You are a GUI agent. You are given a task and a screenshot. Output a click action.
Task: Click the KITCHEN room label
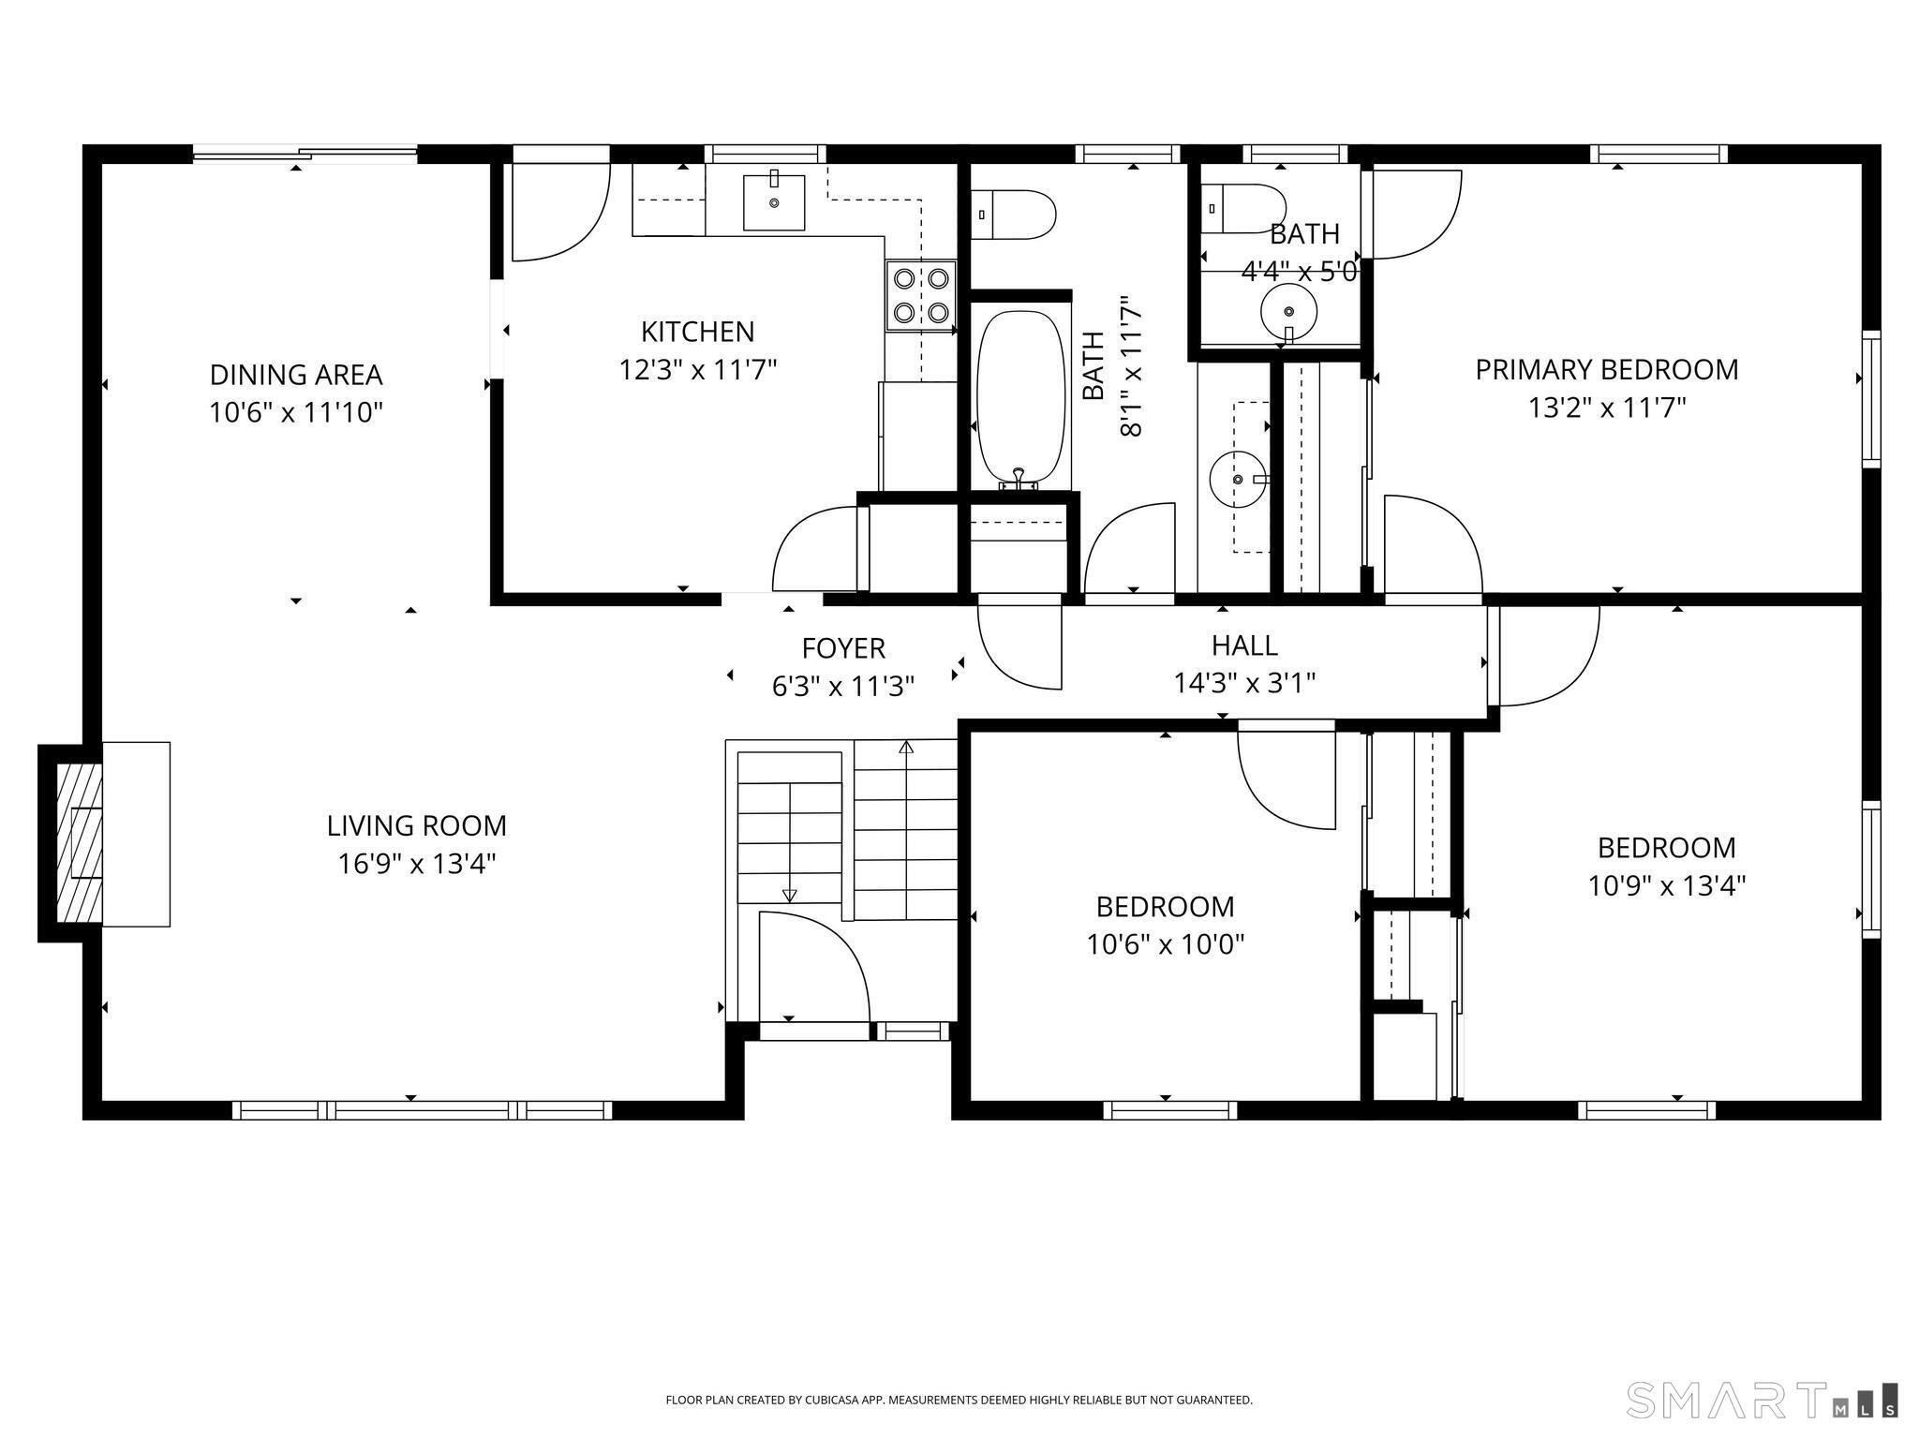point(697,332)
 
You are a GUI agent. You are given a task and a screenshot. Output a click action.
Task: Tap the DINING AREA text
point(296,375)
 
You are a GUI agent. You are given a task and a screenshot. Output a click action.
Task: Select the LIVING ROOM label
point(417,825)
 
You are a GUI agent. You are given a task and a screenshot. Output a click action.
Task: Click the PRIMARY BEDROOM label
point(1606,370)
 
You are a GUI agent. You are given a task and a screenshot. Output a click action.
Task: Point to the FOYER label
point(843,648)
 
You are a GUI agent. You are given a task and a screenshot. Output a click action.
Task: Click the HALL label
point(1244,645)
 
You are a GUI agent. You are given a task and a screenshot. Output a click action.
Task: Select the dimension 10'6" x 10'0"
point(1165,944)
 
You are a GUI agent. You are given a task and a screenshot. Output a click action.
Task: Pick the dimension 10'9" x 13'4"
point(1666,885)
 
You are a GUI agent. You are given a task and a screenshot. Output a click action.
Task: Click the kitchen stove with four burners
point(921,295)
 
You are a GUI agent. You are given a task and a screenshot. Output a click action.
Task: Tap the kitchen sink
point(774,202)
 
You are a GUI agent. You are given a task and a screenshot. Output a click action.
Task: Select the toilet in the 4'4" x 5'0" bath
point(1243,208)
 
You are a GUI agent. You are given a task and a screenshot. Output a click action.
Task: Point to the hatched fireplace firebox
point(79,843)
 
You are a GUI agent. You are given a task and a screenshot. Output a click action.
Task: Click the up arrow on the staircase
point(906,748)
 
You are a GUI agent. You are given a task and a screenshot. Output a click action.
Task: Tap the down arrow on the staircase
point(789,896)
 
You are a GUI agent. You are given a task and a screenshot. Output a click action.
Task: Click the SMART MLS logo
point(1762,1400)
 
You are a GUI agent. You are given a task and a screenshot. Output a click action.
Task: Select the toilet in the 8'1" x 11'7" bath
point(1014,214)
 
